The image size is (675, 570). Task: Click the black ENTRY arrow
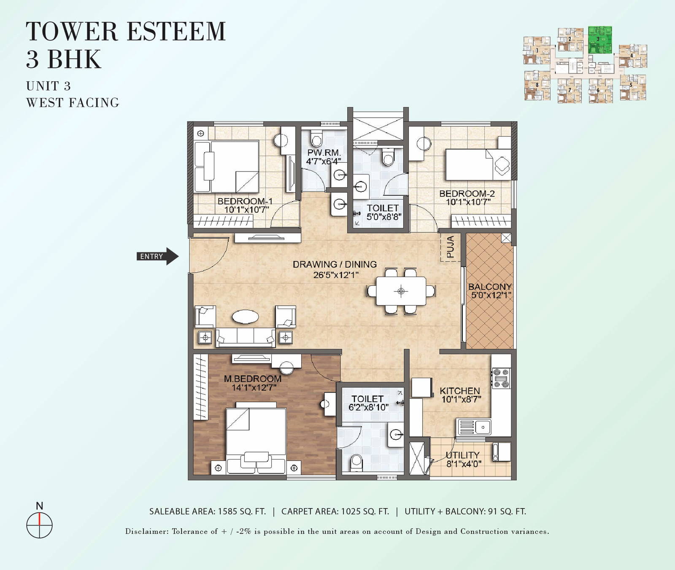click(157, 256)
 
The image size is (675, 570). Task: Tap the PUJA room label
click(450, 247)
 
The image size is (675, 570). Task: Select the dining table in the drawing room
click(401, 291)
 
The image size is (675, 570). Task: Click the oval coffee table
click(246, 317)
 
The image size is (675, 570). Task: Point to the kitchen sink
click(475, 427)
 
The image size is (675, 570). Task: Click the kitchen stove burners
click(501, 378)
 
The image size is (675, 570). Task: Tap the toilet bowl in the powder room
click(316, 138)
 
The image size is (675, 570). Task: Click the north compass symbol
click(39, 525)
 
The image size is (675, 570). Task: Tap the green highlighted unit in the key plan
click(600, 40)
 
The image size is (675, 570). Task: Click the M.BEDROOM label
click(253, 379)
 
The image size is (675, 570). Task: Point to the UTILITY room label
click(463, 455)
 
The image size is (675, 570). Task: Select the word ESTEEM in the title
click(176, 32)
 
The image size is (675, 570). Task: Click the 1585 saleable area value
click(228, 511)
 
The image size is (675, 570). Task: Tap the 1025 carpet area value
click(351, 511)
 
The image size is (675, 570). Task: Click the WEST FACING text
click(73, 102)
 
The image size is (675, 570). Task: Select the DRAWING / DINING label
click(335, 264)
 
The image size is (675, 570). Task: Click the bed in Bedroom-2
click(478, 164)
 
